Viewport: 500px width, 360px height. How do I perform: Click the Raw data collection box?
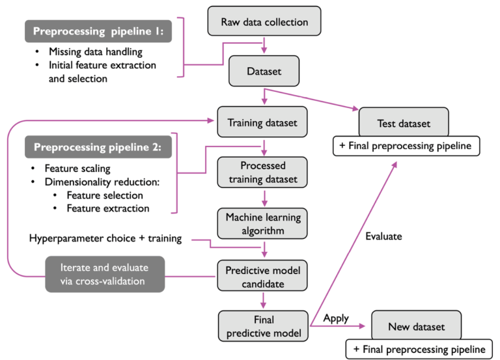pos(264,21)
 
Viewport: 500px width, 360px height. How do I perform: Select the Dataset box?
pos(264,72)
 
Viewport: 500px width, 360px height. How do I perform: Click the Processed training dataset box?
pos(262,172)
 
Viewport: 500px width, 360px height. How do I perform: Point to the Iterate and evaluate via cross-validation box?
pos(104,274)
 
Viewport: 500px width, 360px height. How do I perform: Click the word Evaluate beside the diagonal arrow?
pos(383,236)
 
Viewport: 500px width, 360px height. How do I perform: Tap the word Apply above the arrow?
pos(336,318)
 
